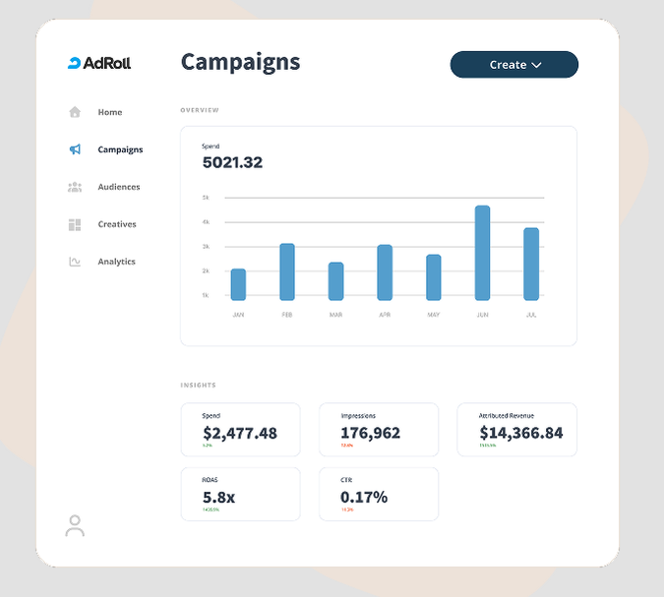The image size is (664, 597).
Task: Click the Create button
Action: point(513,65)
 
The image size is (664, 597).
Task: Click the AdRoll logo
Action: point(99,64)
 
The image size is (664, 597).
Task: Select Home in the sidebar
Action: point(109,112)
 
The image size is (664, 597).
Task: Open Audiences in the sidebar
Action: point(118,187)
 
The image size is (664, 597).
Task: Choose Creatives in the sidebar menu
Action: point(116,224)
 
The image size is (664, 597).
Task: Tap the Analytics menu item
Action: point(116,262)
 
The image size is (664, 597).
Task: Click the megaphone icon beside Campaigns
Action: point(75,149)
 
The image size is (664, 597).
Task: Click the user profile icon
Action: point(75,526)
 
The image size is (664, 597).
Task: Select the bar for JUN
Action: point(482,253)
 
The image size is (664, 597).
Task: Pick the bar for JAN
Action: point(238,284)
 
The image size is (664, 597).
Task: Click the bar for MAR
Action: point(335,281)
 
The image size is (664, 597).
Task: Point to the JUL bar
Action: point(531,264)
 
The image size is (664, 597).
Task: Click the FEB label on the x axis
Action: point(287,315)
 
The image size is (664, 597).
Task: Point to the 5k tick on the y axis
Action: point(206,198)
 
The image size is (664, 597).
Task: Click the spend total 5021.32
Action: point(232,163)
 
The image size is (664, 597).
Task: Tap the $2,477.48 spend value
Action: point(240,433)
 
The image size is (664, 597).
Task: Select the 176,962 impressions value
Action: point(370,433)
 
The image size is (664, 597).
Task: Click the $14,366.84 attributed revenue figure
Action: point(520,433)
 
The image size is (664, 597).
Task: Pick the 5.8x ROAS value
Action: point(218,498)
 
